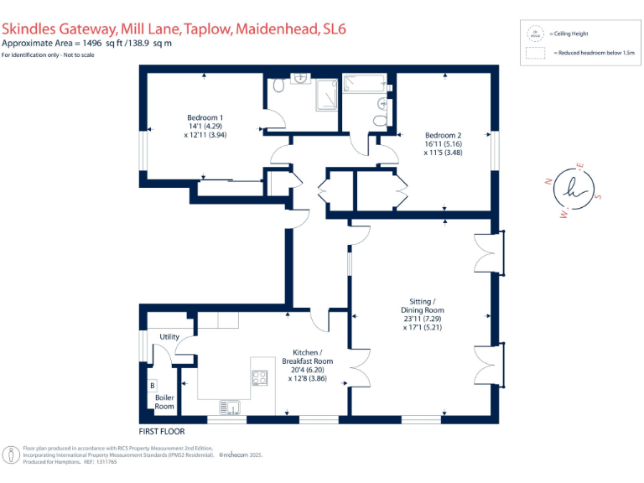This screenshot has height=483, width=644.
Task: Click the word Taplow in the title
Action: pyautogui.click(x=203, y=29)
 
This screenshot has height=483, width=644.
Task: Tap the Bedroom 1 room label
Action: pyautogui.click(x=205, y=117)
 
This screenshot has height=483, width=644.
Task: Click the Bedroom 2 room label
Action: pyautogui.click(x=444, y=135)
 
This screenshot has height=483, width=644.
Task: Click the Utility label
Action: pyautogui.click(x=169, y=336)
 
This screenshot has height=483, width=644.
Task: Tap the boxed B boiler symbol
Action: pyautogui.click(x=152, y=386)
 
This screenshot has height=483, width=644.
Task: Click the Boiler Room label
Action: pyautogui.click(x=164, y=402)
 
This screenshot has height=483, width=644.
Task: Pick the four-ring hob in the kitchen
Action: pyautogui.click(x=260, y=377)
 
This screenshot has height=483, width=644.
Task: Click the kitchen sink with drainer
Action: pyautogui.click(x=231, y=407)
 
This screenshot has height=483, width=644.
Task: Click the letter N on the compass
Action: pyautogui.click(x=548, y=181)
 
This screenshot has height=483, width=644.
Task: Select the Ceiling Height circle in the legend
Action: pyautogui.click(x=534, y=34)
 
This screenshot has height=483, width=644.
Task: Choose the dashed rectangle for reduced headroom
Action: pyautogui.click(x=534, y=53)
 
